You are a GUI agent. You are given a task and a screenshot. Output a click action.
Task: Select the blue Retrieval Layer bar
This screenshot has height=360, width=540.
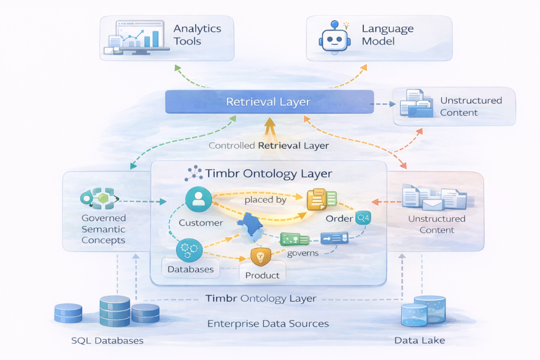coord(269,101)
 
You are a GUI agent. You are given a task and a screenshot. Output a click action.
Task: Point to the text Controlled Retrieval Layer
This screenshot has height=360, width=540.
coord(268,145)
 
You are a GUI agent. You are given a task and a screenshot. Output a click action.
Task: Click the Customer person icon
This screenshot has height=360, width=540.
coord(199,199)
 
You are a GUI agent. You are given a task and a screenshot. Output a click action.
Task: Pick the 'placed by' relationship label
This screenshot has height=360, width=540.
coord(265,200)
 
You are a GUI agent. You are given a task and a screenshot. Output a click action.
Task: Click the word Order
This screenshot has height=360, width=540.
coord(340,219)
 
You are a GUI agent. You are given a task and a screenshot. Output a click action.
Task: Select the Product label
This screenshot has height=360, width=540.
coord(262,275)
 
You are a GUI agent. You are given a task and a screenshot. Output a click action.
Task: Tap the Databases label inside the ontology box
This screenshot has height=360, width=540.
coord(190,269)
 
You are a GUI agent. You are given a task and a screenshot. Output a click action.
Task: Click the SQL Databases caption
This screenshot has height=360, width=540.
coord(107,340)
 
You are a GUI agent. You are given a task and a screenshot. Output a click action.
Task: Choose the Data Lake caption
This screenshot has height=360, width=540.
coord(419,340)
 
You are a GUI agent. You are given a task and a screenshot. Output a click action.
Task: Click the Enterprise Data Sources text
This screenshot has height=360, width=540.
coord(268,323)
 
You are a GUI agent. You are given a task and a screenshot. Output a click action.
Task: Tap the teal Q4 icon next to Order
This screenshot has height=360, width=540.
coord(363,217)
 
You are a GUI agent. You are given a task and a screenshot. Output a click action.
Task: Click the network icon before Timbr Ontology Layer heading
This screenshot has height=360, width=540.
coord(194,173)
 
